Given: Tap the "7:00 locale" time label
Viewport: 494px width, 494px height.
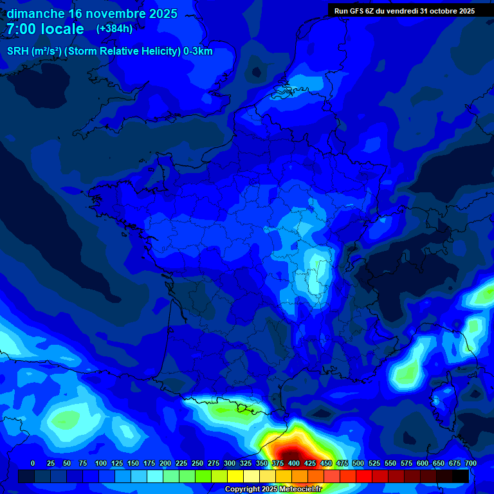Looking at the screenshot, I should [x=45, y=29].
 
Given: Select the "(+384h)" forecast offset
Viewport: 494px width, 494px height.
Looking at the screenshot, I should [x=114, y=29].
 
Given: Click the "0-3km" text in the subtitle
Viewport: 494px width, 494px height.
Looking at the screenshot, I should [x=198, y=51].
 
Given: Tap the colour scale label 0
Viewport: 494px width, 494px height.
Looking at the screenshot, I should [x=33, y=463].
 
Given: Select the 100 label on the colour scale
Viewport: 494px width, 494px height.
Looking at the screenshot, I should [x=101, y=463].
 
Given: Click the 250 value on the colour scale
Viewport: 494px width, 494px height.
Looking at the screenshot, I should [x=197, y=463].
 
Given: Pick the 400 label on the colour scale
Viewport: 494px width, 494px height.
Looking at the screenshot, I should [x=294, y=463].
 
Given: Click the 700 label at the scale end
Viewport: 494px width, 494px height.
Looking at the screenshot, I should [x=470, y=463].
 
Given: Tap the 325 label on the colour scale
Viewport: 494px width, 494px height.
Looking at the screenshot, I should [x=246, y=463].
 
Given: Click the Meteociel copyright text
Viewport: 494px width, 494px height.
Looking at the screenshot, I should [x=273, y=489].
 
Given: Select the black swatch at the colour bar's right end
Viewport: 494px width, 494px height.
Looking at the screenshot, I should [x=461, y=476].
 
